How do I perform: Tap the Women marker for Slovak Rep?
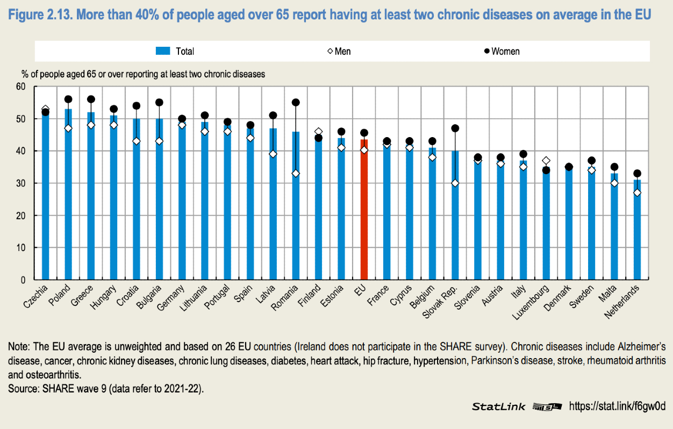click(x=455, y=128)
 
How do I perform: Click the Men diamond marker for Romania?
click(x=295, y=173)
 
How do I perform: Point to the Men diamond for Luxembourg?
click(x=546, y=161)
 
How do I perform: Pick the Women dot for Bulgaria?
click(x=159, y=103)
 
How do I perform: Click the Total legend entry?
click(x=175, y=51)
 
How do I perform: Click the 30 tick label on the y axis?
click(x=21, y=183)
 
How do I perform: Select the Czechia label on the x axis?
click(x=36, y=296)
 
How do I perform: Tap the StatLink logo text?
click(x=498, y=406)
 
